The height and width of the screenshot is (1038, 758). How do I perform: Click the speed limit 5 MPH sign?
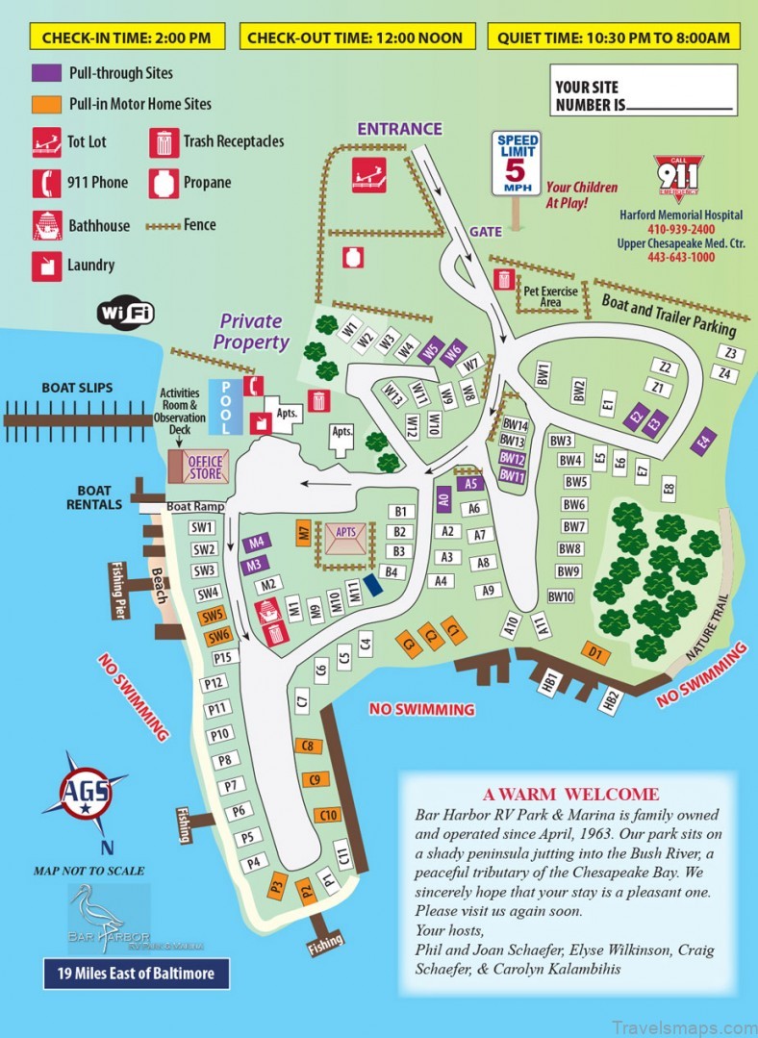point(517,165)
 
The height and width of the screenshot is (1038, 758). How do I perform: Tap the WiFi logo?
point(125,313)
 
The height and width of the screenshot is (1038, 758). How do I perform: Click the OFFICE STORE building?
point(199,468)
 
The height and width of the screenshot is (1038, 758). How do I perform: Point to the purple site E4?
point(705,441)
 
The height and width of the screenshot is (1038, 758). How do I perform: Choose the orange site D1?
point(597,654)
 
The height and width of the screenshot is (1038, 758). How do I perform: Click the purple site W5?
point(432,349)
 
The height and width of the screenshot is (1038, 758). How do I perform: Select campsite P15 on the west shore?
point(225,657)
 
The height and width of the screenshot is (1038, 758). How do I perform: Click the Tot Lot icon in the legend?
point(46,141)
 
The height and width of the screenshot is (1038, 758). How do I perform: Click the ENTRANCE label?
point(399,129)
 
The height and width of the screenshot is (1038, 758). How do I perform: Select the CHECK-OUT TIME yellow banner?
point(355,38)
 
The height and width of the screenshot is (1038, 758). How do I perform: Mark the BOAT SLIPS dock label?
point(77,388)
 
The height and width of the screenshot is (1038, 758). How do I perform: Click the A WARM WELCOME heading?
point(570,795)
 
